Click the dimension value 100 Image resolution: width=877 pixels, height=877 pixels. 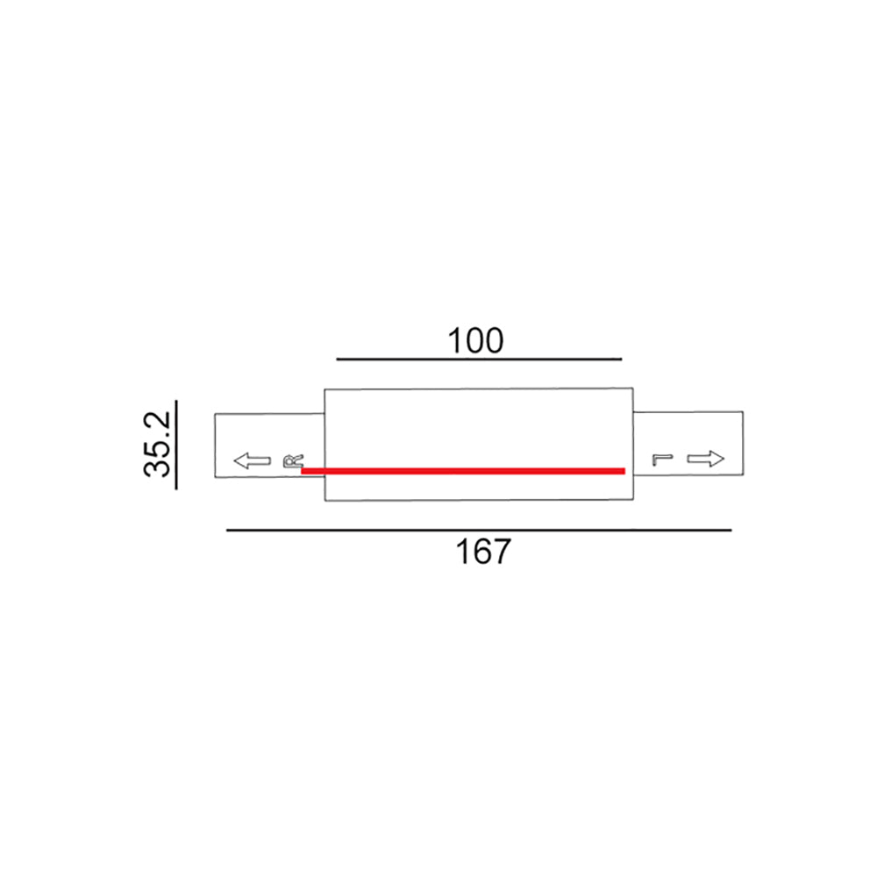tap(476, 340)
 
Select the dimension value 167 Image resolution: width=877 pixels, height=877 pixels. tap(482, 552)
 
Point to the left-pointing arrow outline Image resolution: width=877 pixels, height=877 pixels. tap(252, 460)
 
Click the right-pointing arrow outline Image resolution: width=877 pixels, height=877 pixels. tap(706, 459)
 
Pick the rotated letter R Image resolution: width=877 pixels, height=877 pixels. tap(293, 460)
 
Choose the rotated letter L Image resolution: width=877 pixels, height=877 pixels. tap(660, 459)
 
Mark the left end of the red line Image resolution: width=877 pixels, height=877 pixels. tap(303, 471)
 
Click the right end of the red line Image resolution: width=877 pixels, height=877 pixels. tap(624, 471)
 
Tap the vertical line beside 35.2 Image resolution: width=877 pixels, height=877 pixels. tap(175, 444)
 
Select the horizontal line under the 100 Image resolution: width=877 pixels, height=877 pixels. tap(479, 360)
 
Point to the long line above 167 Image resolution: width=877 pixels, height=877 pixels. tap(479, 530)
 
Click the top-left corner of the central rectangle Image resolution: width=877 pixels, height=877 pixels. tap(325, 389)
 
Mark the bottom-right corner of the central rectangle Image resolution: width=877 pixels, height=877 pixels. tap(632, 501)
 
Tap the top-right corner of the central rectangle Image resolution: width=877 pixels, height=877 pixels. tap(632, 389)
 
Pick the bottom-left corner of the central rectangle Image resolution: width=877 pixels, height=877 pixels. tap(325, 501)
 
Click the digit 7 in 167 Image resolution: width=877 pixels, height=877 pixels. tap(500, 552)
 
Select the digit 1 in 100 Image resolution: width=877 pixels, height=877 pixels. tap(456, 340)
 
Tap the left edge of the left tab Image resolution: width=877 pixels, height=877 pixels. tap(216, 446)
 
